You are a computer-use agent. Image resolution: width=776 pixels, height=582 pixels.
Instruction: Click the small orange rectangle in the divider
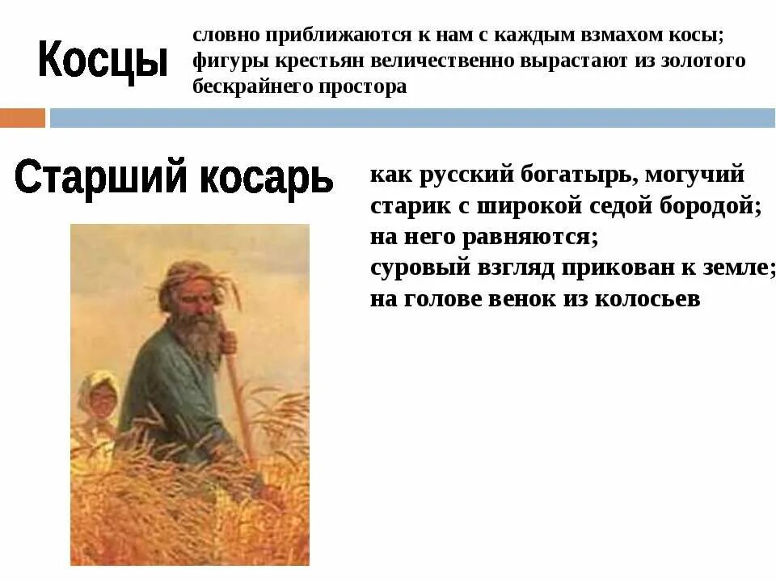[x=23, y=118]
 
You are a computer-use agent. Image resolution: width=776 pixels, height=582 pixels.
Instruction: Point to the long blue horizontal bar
[x=411, y=118]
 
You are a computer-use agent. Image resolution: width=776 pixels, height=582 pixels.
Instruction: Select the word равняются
[x=530, y=237]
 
